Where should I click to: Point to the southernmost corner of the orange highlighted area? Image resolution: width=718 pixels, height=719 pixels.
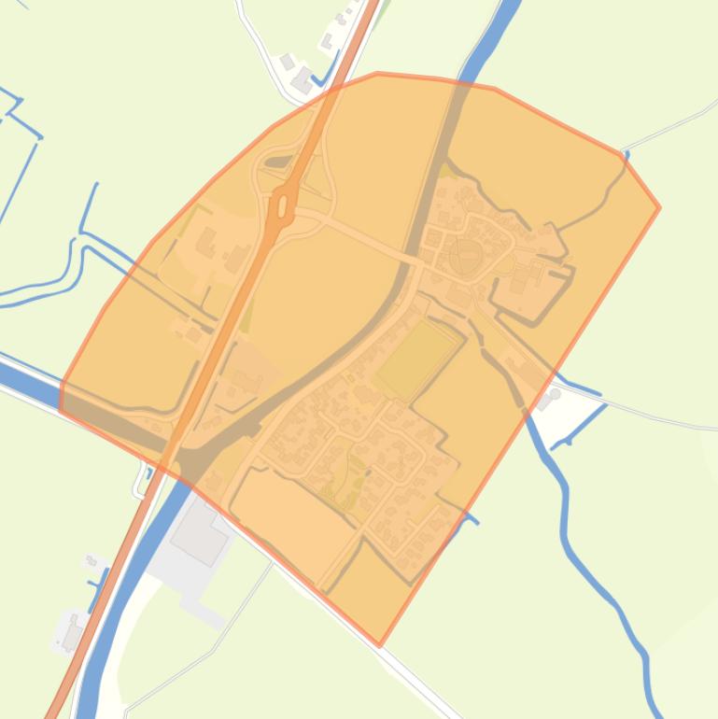tap(379, 643)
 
